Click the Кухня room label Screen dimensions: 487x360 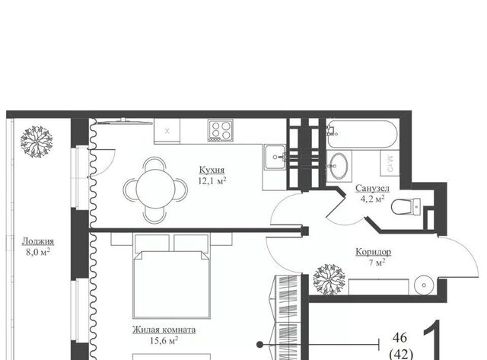click(212, 170)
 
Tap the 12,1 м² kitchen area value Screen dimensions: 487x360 click(212, 181)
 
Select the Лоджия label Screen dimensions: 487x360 click(38, 241)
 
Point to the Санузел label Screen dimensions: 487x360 click(372, 188)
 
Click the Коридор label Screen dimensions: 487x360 click(373, 252)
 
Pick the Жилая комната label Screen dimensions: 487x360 click(164, 330)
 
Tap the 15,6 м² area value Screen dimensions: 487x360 click(164, 341)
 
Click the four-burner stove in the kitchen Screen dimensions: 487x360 click(221, 130)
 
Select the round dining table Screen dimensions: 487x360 click(155, 189)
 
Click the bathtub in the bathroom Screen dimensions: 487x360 click(361, 134)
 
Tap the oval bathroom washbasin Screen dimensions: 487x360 click(338, 166)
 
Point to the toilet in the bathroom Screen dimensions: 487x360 click(406, 207)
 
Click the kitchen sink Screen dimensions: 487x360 click(275, 158)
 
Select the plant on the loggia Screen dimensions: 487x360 click(37, 142)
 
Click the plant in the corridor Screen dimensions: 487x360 click(329, 279)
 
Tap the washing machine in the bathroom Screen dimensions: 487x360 click(390, 163)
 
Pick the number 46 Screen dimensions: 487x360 click(399, 338)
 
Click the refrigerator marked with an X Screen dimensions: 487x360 click(167, 131)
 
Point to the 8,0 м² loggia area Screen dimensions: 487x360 click(38, 252)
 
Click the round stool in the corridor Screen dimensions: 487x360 click(425, 285)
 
